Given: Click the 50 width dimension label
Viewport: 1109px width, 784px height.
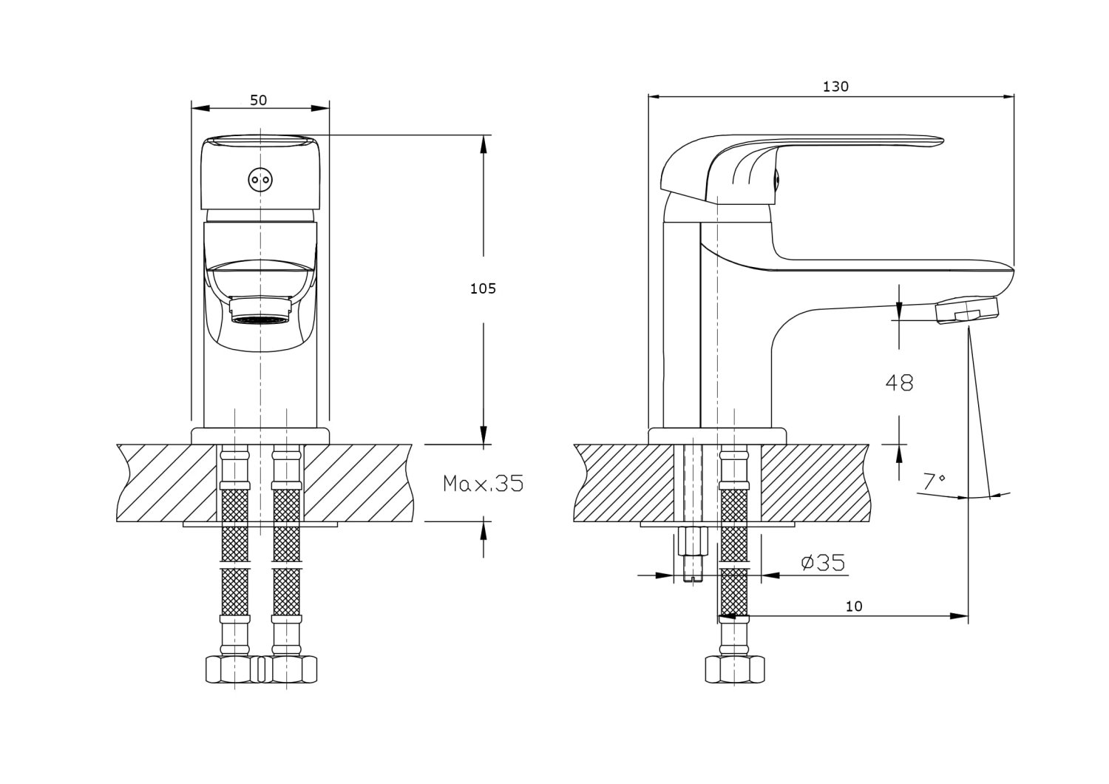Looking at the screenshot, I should [258, 101].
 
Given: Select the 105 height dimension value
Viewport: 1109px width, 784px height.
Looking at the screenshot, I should [483, 288].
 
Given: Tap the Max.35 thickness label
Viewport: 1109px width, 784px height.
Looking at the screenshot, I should [483, 484].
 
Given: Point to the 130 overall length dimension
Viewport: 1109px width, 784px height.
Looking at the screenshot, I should [835, 87].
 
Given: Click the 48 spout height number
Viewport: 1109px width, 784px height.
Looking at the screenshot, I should [899, 382].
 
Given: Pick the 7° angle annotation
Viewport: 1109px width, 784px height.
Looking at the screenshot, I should [934, 481].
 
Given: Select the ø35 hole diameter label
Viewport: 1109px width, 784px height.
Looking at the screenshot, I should [823, 564].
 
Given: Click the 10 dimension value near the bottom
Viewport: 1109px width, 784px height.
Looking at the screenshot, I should [854, 606].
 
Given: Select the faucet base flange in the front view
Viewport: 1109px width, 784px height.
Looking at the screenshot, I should [260, 436].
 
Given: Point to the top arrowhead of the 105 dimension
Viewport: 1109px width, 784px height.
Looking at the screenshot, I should [484, 144].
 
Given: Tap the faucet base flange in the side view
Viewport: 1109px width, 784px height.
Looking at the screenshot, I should [717, 436].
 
